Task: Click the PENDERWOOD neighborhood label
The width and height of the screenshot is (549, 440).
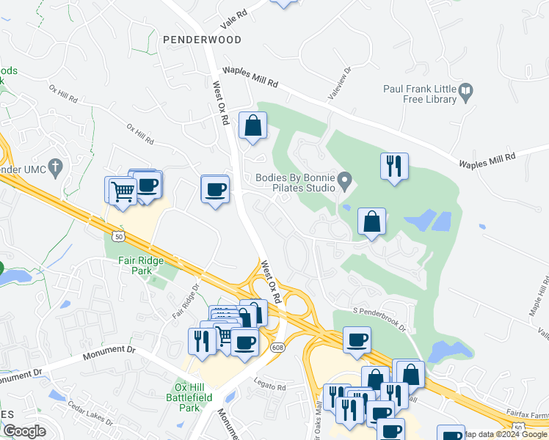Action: (202, 40)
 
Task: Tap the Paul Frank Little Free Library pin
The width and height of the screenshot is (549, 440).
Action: (466, 92)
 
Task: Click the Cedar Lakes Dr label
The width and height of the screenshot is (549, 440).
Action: (91, 413)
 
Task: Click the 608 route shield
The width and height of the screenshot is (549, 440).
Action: (277, 347)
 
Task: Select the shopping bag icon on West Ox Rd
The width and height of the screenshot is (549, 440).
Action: (252, 125)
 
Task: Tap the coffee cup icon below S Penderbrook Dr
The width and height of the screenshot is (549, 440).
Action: (357, 340)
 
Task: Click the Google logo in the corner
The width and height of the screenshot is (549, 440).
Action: (24, 431)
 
